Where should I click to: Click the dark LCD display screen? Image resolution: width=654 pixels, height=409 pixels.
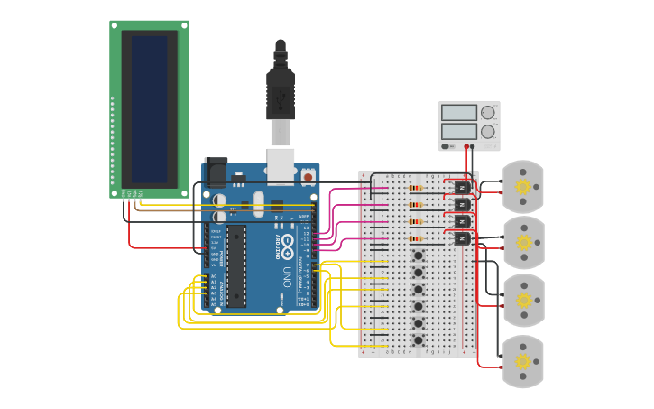150,107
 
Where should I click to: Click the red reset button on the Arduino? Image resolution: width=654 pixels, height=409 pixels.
308,177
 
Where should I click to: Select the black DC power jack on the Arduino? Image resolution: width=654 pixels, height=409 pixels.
216,172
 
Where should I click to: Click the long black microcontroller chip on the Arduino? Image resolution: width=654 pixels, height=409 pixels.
235,266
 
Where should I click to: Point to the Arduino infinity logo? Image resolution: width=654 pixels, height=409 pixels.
288,242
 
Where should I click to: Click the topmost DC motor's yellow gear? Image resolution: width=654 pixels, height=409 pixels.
522,187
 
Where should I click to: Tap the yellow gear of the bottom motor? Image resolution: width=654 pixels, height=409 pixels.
522,361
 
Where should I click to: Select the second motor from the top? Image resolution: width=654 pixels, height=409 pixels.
522,242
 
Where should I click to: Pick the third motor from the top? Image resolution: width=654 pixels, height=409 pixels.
522,301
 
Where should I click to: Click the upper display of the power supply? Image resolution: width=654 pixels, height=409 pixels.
459,113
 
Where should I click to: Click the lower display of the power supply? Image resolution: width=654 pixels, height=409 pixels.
459,132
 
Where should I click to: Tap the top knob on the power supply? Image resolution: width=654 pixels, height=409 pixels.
488,113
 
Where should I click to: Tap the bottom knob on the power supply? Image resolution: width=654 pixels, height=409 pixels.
488,132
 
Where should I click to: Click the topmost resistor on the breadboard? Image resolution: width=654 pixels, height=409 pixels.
416,189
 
